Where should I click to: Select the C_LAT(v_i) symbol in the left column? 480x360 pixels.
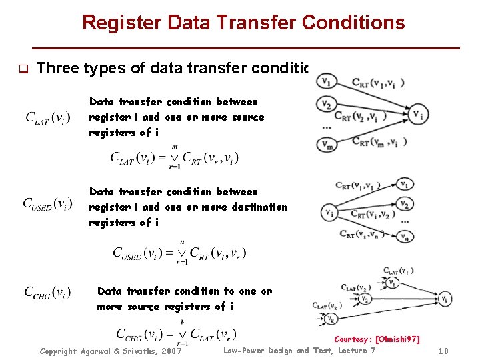49,117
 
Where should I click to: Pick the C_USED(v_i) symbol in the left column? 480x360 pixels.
47,203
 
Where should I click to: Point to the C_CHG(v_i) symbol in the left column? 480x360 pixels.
47,292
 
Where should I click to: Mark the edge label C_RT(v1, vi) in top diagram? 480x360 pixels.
378,83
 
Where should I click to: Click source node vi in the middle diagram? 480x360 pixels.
329,213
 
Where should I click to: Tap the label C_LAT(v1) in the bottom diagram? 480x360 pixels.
398,271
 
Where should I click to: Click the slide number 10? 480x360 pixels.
445,351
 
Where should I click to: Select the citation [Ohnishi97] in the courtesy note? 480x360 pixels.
399,339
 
